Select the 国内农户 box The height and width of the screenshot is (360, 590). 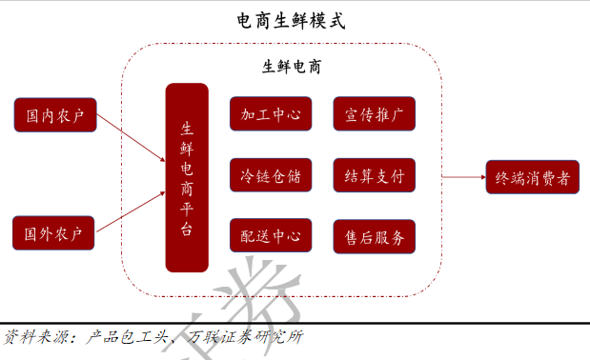pyautogui.click(x=54, y=115)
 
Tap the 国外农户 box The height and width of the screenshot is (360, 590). pyautogui.click(x=54, y=232)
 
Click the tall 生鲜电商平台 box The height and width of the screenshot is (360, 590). pyautogui.click(x=187, y=177)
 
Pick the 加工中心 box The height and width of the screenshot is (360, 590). pyautogui.click(x=272, y=113)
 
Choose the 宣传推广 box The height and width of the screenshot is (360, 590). pyautogui.click(x=374, y=113)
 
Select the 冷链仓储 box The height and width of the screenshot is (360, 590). pyautogui.click(x=272, y=175)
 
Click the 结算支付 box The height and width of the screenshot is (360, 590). pyautogui.click(x=374, y=175)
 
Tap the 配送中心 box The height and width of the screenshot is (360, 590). pyautogui.click(x=272, y=235)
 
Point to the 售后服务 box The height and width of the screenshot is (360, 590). pyautogui.click(x=374, y=235)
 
